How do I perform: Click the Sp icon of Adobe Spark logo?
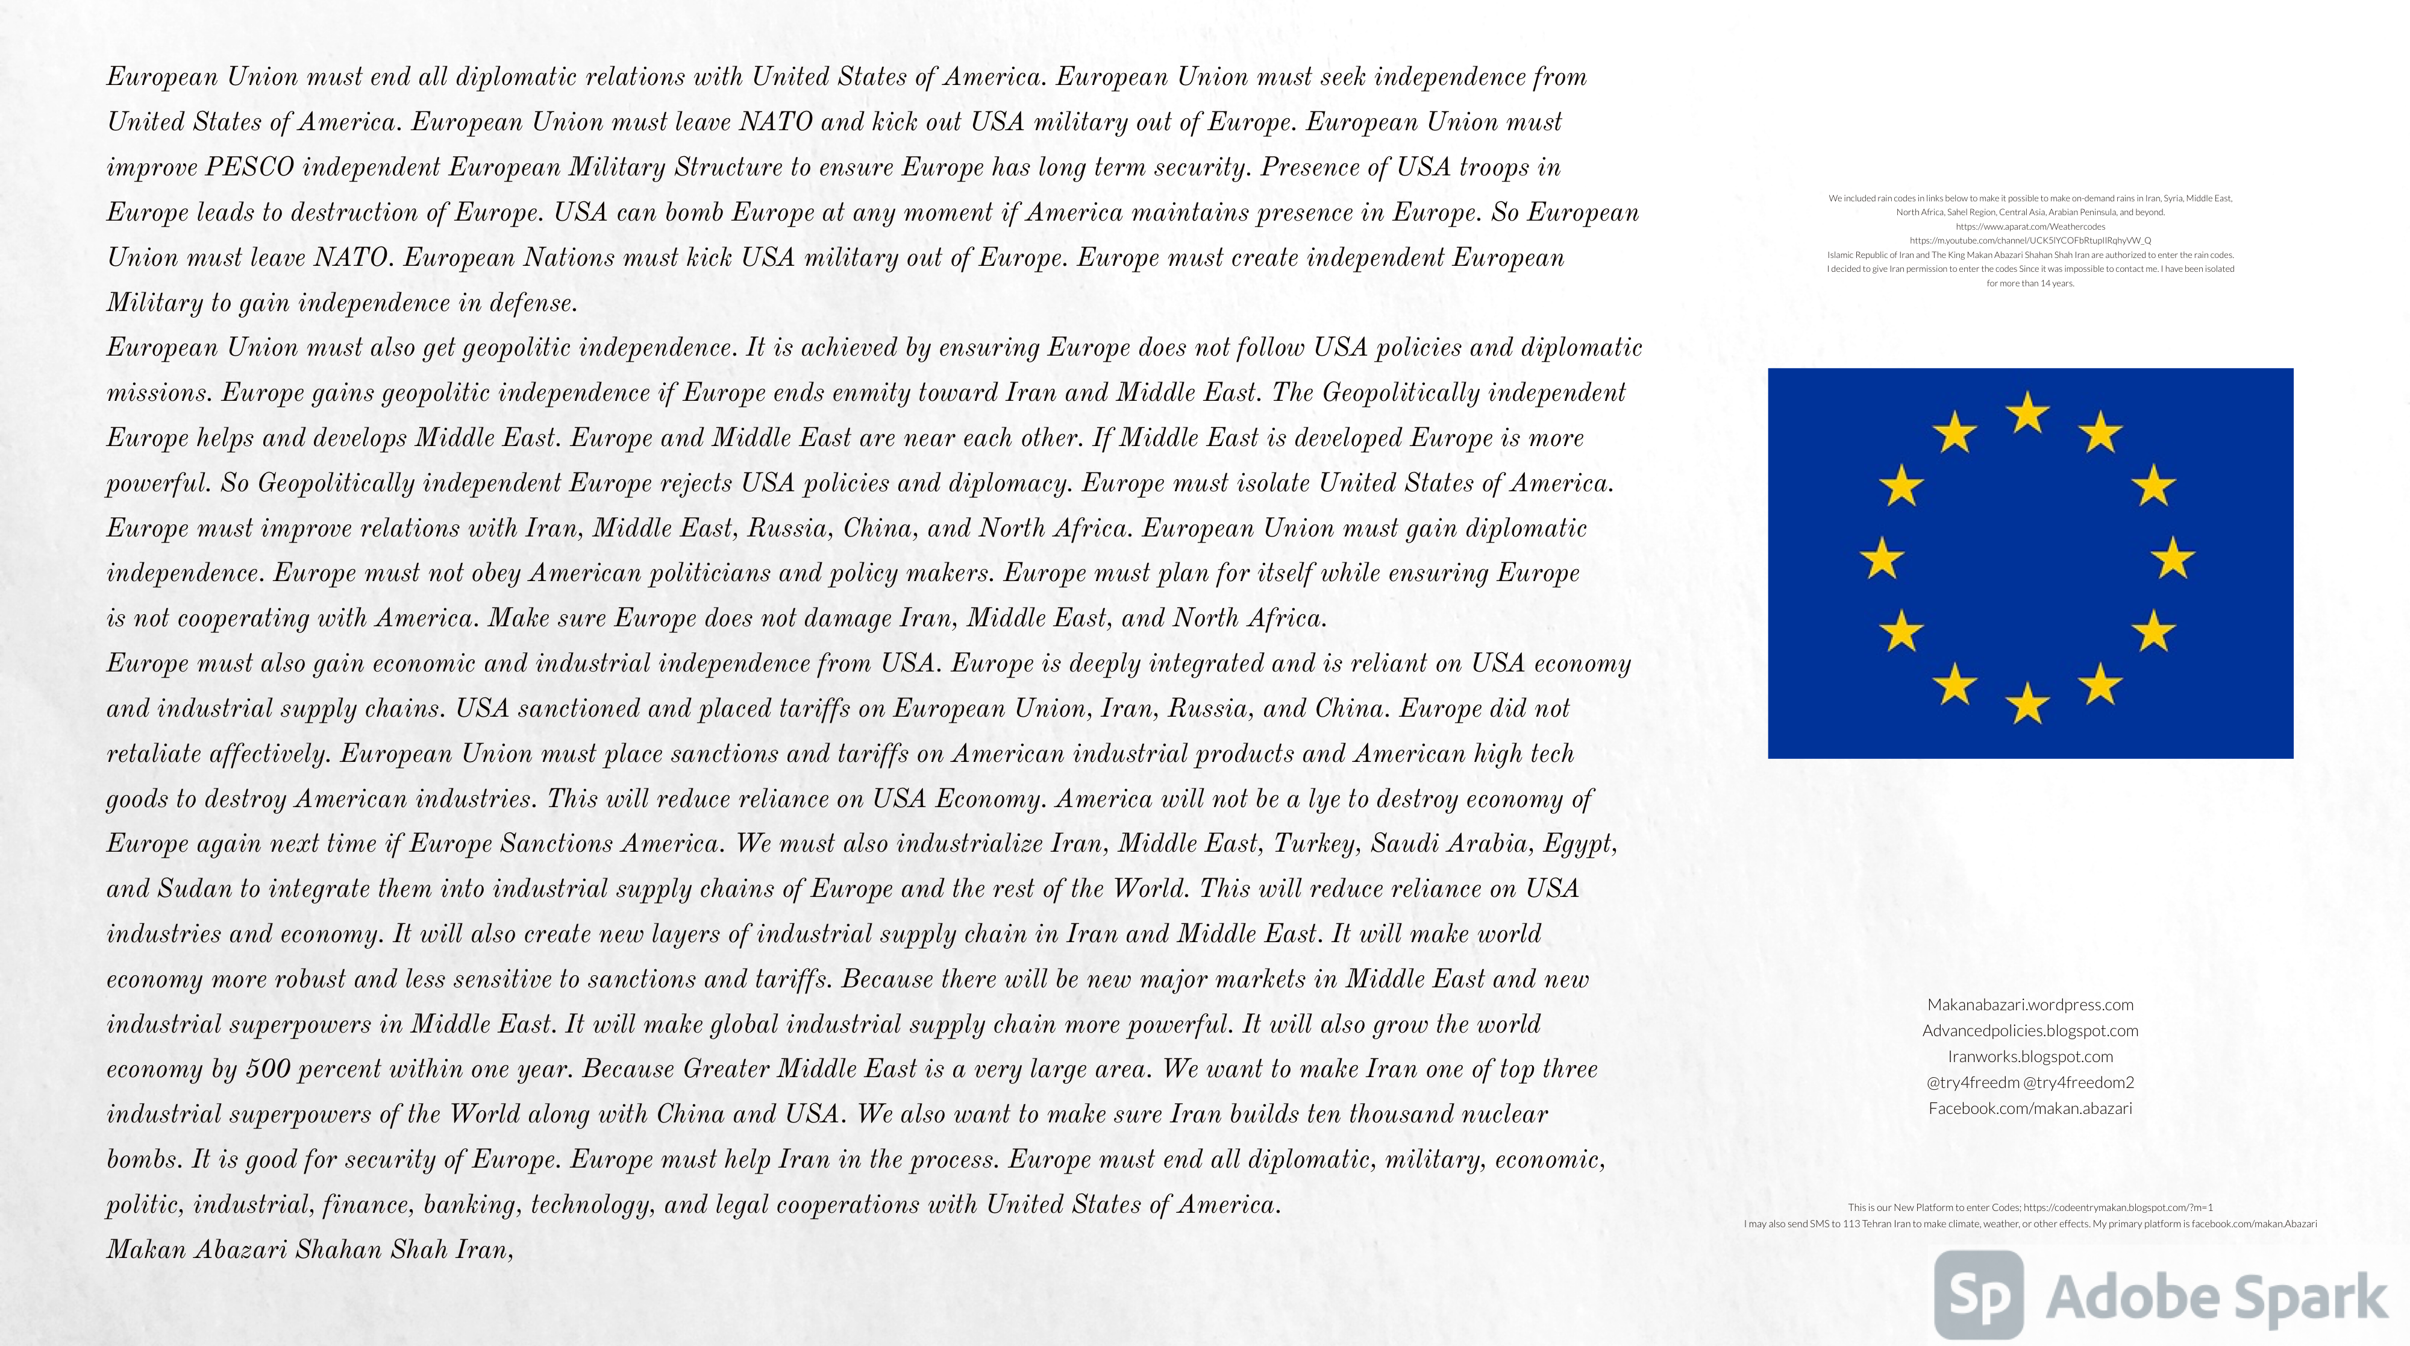pyautogui.click(x=1979, y=1295)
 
